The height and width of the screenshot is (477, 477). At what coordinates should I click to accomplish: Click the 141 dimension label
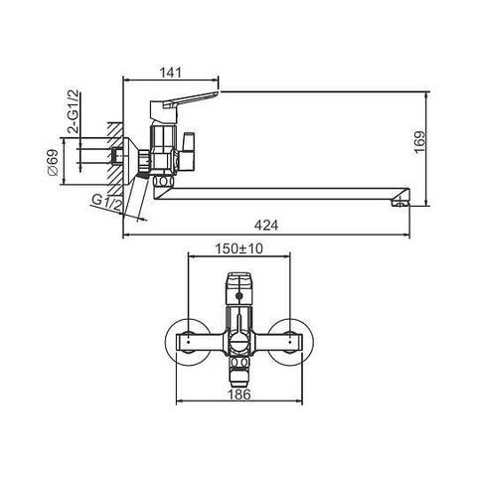tap(171, 73)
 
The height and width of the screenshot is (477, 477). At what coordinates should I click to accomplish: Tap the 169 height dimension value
tap(419, 143)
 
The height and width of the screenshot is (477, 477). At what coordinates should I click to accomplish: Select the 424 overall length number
tap(266, 226)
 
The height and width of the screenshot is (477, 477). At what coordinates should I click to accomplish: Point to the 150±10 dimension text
tap(238, 248)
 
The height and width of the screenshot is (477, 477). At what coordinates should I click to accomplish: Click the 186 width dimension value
tap(239, 395)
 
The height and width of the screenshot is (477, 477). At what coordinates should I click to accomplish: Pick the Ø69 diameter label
tap(53, 162)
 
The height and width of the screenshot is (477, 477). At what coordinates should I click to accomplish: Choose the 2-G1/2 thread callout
tap(75, 111)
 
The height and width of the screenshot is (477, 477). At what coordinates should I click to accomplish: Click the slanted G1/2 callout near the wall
tap(106, 203)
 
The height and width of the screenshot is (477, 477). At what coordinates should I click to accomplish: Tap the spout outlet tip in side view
tap(400, 202)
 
